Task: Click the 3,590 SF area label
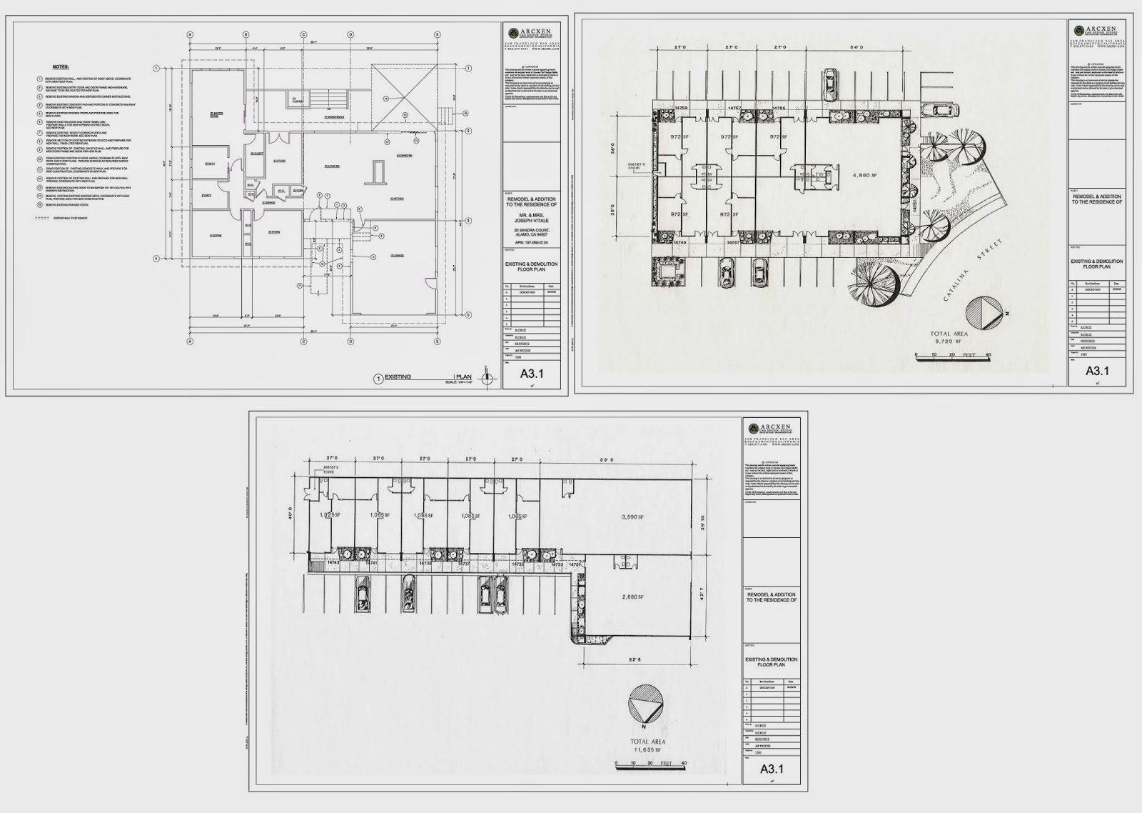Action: (632, 517)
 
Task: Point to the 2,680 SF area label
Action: (632, 597)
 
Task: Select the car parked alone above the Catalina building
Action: (830, 84)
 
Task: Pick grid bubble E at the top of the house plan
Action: (437, 34)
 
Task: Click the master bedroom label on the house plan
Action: (213, 114)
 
